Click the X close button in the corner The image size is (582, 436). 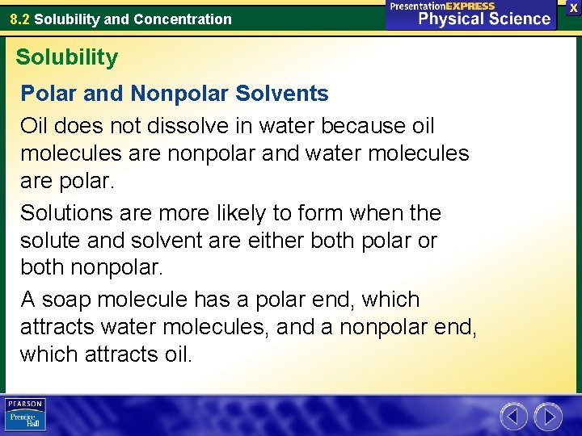click(573, 7)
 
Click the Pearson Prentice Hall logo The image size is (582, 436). click(25, 415)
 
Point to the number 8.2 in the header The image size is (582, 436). click(20, 19)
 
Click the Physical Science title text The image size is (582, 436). click(484, 19)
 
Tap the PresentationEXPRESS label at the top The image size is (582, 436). click(442, 6)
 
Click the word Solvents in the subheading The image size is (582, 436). click(282, 94)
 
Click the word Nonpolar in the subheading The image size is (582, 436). click(179, 94)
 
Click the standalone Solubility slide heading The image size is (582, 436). click(66, 57)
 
